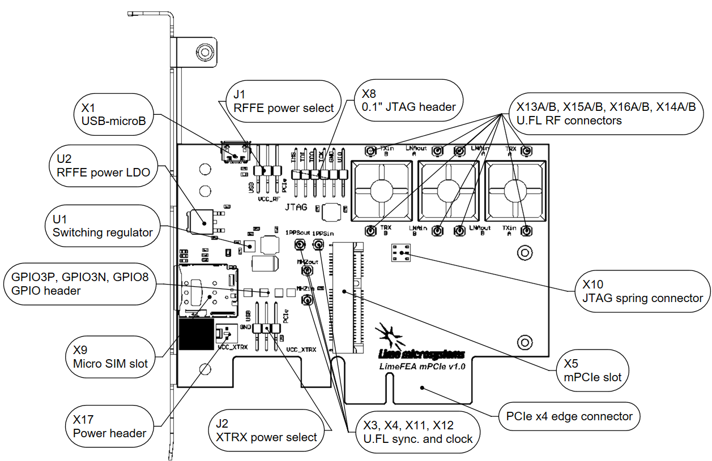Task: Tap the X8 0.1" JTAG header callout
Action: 409,100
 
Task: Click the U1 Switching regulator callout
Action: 103,225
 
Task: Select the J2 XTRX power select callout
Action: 266,430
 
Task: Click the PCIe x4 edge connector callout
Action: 568,416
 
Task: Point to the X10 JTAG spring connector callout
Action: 638,291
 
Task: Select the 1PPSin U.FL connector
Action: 318,245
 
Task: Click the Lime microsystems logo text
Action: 420,355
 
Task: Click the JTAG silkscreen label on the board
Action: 296,208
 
